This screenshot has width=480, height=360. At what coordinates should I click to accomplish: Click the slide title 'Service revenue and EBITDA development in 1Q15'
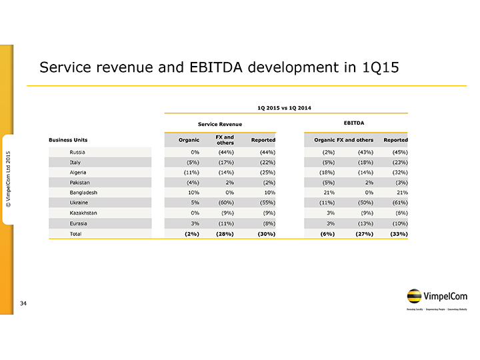pyautogui.click(x=219, y=68)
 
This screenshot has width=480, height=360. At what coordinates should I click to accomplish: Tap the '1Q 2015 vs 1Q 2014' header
pyautogui.click(x=284, y=107)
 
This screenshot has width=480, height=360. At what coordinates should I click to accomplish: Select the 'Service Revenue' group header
pyautogui.click(x=220, y=125)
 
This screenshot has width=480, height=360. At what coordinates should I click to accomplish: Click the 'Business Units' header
pyautogui.click(x=68, y=140)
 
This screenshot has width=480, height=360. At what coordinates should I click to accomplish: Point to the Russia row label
pyautogui.click(x=78, y=153)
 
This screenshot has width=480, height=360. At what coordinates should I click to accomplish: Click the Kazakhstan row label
pyautogui.click(x=84, y=213)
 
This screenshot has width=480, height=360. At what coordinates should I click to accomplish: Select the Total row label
pyautogui.click(x=76, y=233)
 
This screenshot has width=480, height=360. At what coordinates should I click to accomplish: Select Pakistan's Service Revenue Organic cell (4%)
pyautogui.click(x=192, y=183)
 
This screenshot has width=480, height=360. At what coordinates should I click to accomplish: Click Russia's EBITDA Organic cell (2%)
pyautogui.click(x=326, y=153)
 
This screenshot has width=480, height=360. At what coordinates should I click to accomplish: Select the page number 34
pyautogui.click(x=23, y=304)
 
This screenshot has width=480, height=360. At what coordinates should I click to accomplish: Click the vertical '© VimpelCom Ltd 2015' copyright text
pyautogui.click(x=9, y=178)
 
